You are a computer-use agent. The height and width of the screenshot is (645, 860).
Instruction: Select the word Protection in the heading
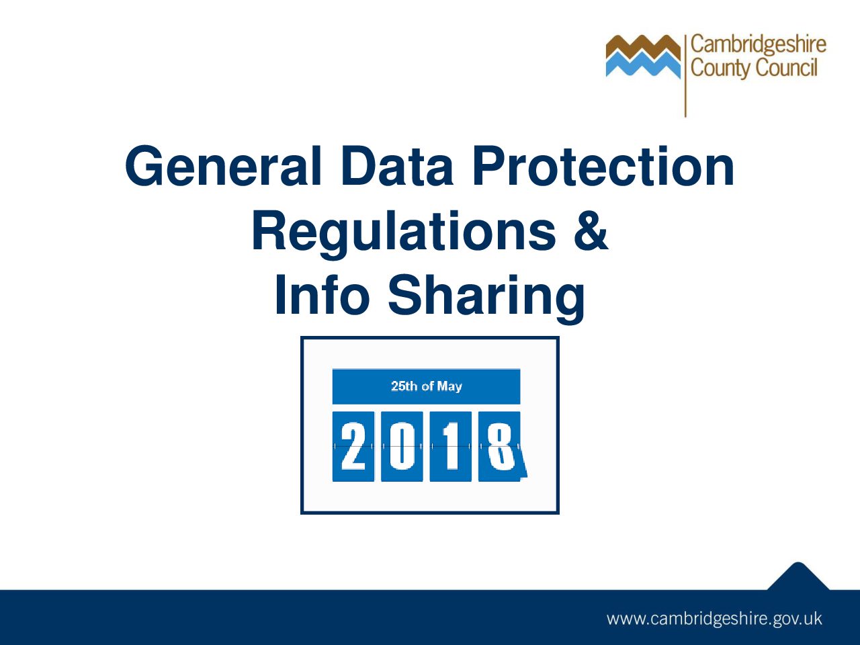(603, 167)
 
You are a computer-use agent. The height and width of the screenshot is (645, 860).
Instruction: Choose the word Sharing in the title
(486, 296)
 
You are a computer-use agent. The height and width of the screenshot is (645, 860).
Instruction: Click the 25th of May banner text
(426, 386)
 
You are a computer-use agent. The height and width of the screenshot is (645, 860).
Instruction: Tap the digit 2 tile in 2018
(353, 446)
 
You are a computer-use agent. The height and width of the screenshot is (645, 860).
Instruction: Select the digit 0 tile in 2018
(402, 446)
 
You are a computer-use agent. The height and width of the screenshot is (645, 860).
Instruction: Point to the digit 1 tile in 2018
(450, 446)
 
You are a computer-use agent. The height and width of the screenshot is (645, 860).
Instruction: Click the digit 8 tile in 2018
(500, 446)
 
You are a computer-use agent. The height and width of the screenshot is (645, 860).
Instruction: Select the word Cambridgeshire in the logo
(758, 45)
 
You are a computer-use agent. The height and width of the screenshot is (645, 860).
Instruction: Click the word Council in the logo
(787, 68)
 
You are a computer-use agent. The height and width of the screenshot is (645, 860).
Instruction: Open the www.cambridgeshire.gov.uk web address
(714, 619)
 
